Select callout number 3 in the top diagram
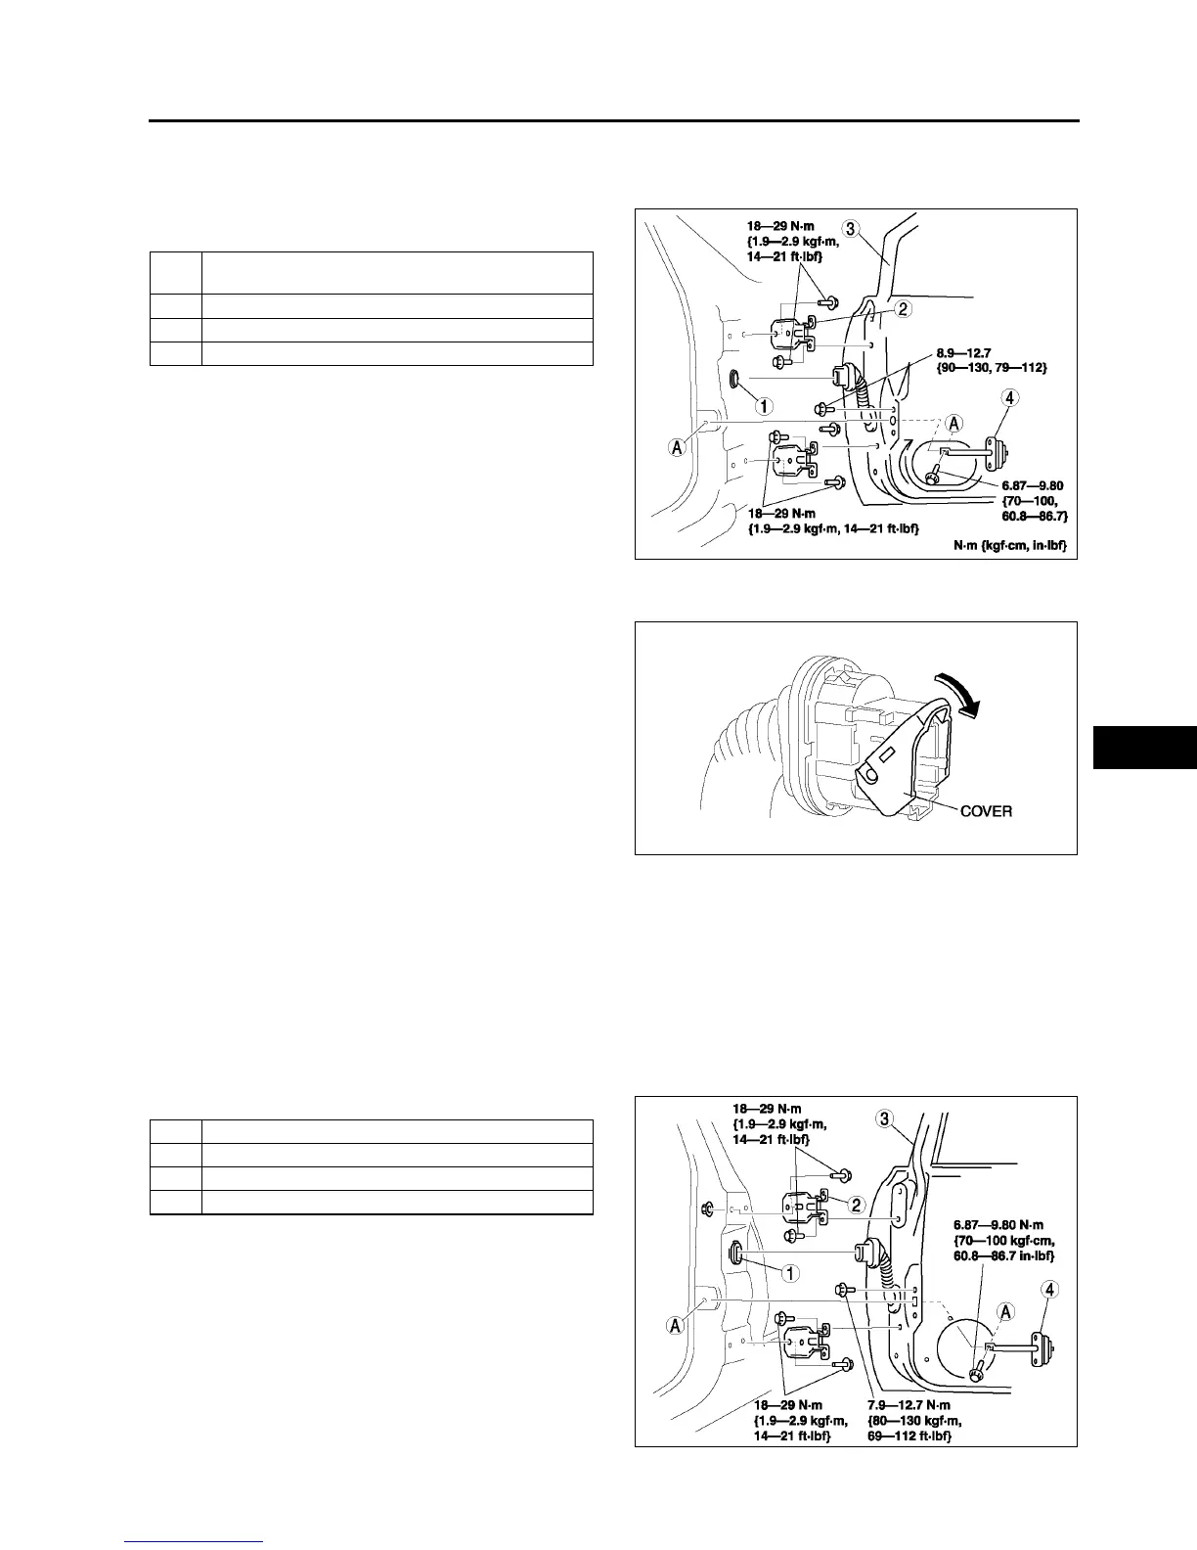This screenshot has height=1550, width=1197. [x=851, y=229]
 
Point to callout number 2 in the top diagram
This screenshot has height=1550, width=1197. [x=904, y=309]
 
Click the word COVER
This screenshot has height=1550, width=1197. [x=986, y=811]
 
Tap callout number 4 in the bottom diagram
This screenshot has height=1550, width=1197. [x=1050, y=1290]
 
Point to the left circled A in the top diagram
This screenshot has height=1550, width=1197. [x=676, y=446]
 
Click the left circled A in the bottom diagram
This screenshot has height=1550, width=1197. [x=676, y=1325]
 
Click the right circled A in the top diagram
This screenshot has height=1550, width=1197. [x=953, y=423]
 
